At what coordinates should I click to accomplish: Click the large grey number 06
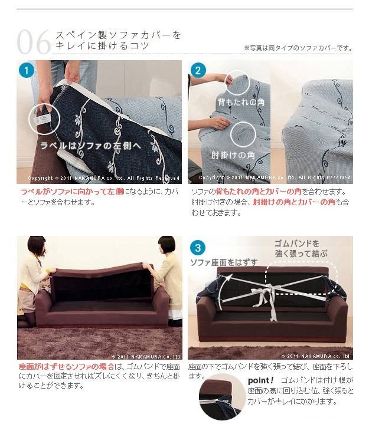34,42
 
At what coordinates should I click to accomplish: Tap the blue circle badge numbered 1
27,70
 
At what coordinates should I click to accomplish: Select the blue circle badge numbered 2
198,70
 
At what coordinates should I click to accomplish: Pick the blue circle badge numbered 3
198,247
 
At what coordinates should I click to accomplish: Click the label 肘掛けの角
233,155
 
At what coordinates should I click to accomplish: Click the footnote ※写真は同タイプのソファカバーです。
298,48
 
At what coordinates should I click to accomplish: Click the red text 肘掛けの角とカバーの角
293,202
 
